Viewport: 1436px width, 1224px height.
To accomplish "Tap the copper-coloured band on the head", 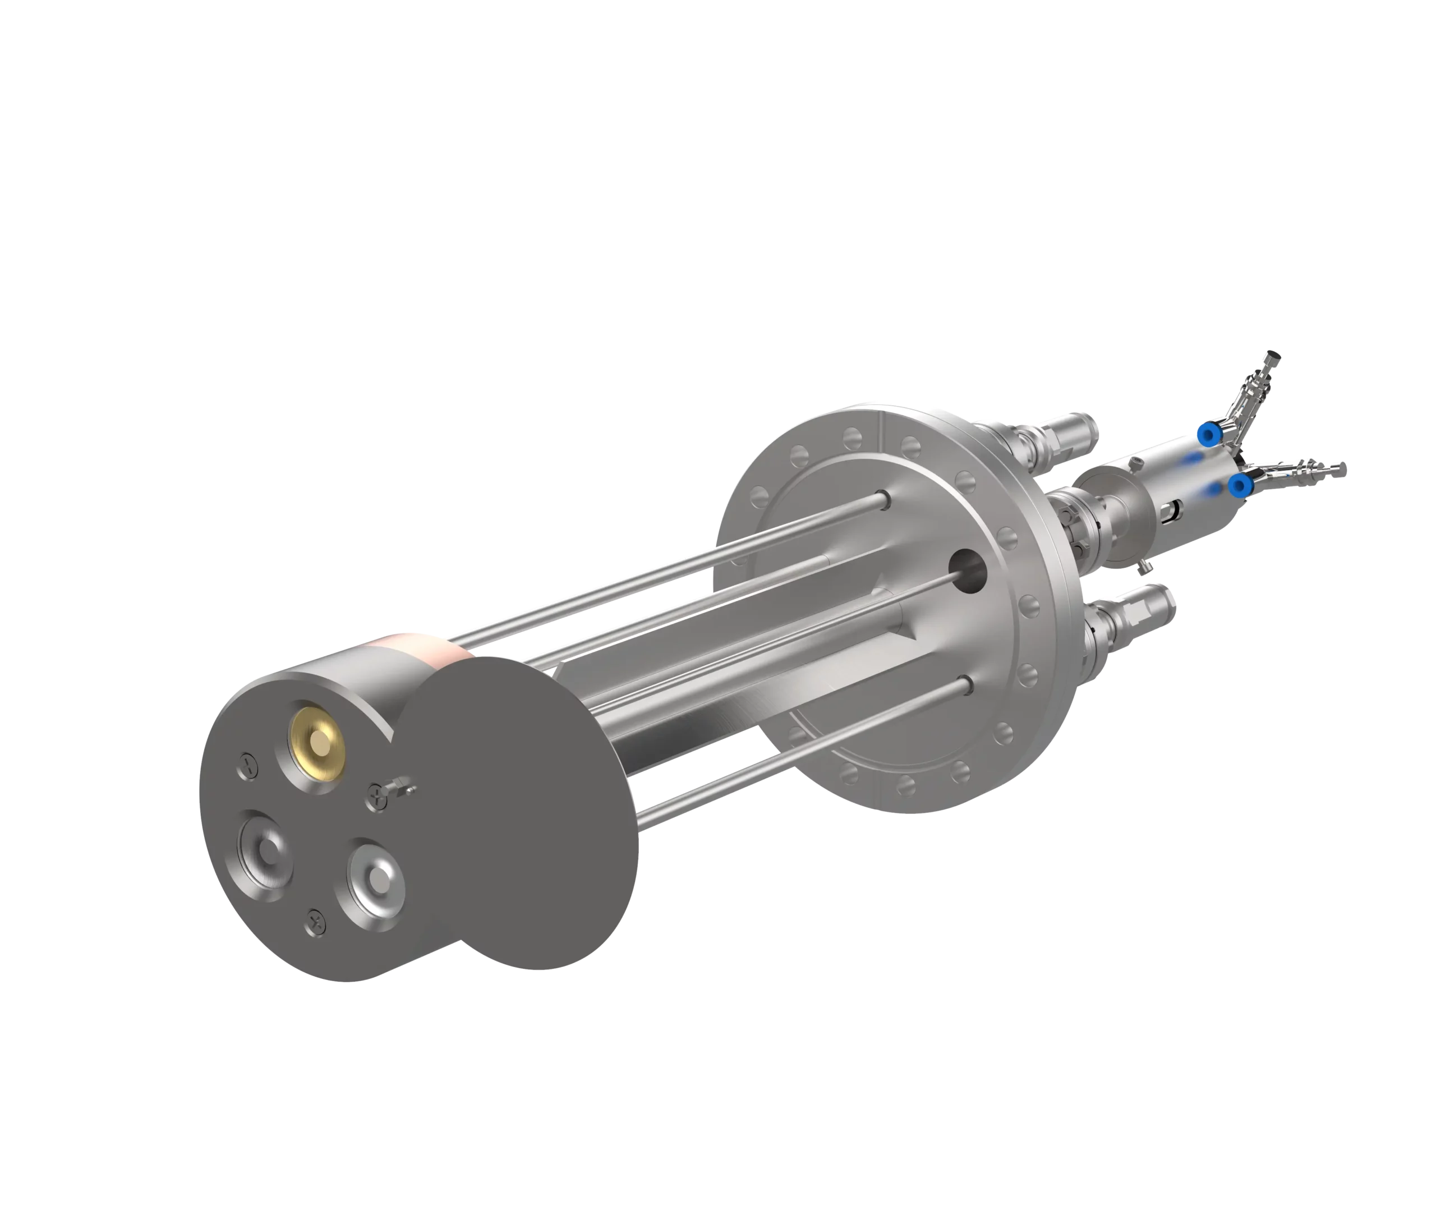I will [416, 648].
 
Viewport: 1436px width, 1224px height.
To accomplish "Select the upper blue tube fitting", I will [1209, 435].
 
